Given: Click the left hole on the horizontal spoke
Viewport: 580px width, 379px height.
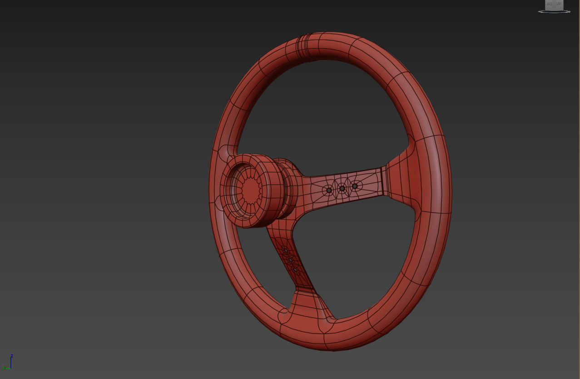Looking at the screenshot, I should coord(329,190).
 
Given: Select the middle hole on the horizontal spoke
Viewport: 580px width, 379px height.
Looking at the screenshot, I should coord(342,189).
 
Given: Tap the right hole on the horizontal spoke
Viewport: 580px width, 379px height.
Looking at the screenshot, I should coord(355,186).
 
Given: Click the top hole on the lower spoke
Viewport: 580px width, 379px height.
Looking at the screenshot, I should coord(286,250).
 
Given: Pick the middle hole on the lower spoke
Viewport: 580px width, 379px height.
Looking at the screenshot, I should coord(290,260).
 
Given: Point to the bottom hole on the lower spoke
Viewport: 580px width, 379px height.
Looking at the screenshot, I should coord(295,270).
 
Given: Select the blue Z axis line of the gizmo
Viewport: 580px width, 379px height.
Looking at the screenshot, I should coord(11,362).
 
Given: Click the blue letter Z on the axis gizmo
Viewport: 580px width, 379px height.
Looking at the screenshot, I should coord(12,356).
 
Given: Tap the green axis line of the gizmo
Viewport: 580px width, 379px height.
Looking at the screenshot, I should coord(8,368).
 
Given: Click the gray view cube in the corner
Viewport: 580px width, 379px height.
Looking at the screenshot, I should coord(554,5).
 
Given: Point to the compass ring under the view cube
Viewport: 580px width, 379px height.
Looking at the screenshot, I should coord(554,12).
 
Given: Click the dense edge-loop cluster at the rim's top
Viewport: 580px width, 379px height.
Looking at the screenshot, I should coord(303,47).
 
